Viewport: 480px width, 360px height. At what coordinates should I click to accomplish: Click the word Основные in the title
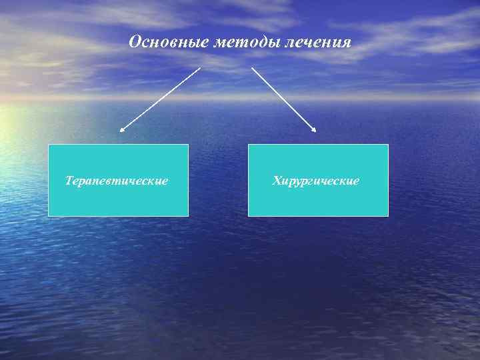pos(169,43)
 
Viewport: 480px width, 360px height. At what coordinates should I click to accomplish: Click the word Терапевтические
pos(117,181)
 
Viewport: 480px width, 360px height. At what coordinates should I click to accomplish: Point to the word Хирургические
pos(316,181)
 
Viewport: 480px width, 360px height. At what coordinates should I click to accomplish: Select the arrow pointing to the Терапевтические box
pos(160,99)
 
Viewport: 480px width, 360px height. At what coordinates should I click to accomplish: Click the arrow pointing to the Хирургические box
pos(283,99)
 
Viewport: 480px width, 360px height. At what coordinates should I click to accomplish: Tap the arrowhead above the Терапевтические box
pos(121,130)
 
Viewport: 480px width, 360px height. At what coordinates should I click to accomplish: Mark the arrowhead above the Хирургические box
pos(315,130)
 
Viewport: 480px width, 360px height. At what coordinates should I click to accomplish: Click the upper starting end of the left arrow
pos(199,68)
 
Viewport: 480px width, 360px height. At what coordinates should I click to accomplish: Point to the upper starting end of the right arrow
pos(252,67)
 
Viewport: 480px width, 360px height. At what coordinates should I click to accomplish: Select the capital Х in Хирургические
pos(277,181)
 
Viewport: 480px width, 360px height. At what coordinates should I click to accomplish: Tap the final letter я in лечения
pos(346,43)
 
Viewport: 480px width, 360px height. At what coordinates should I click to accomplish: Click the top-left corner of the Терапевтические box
pos(49,145)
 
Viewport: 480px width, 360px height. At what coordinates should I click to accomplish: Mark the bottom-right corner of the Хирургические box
pos(387,216)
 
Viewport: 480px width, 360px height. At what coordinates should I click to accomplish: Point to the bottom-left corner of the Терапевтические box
pos(49,216)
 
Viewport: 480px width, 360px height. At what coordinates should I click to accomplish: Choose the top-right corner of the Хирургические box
pos(387,145)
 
